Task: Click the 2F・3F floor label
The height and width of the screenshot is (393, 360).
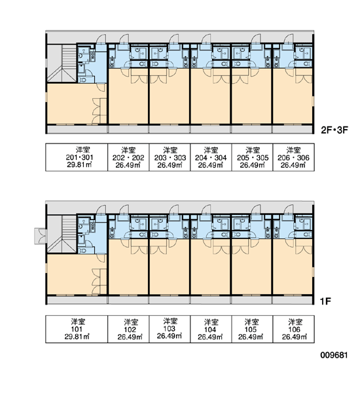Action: pyautogui.click(x=334, y=130)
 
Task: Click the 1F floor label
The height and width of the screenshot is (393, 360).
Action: pyautogui.click(x=326, y=301)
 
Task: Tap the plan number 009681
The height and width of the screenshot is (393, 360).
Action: pyautogui.click(x=334, y=355)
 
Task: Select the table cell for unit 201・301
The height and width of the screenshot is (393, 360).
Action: pyautogui.click(x=77, y=157)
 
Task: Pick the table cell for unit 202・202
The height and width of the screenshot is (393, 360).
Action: pyautogui.click(x=128, y=157)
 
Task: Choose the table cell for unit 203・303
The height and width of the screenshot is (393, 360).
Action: pyautogui.click(x=170, y=157)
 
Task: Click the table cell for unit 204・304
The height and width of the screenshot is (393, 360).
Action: pyautogui.click(x=211, y=157)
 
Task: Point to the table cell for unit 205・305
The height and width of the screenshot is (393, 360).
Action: pyautogui.click(x=252, y=157)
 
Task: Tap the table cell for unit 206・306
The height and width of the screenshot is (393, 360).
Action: pyautogui.click(x=294, y=157)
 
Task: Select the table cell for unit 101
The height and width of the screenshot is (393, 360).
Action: pyautogui.click(x=77, y=329)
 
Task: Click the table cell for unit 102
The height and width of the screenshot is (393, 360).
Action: pyautogui.click(x=128, y=329)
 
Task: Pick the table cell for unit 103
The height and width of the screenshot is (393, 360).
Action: pyautogui.click(x=170, y=329)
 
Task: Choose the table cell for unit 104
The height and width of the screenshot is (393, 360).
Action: pyautogui.click(x=211, y=329)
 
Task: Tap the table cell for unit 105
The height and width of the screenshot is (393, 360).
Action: pyautogui.click(x=252, y=329)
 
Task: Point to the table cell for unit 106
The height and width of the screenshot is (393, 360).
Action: pyautogui.click(x=294, y=329)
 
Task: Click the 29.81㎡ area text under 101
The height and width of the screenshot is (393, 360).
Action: pyautogui.click(x=77, y=337)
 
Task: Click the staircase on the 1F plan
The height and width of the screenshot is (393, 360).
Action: pyautogui.click(x=62, y=234)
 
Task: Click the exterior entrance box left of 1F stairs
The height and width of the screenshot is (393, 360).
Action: pyautogui.click(x=40, y=236)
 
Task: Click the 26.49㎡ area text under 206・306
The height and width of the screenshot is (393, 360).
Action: pyautogui.click(x=293, y=165)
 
